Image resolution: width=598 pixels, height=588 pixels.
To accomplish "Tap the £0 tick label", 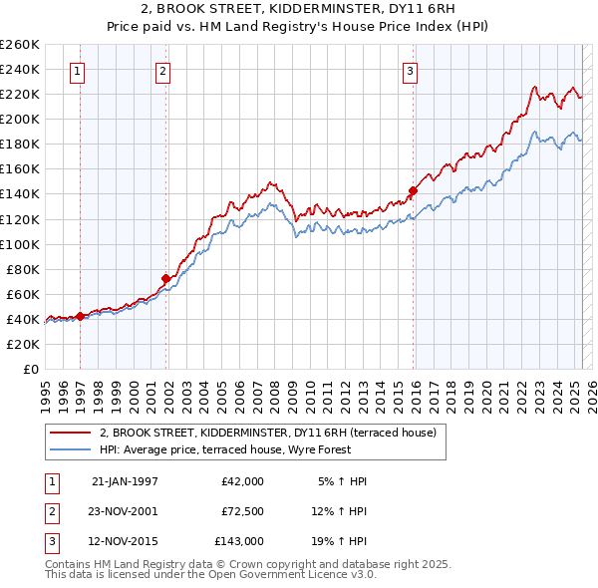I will [x=31, y=369].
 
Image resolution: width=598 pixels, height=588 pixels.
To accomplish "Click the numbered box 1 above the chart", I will [x=78, y=71].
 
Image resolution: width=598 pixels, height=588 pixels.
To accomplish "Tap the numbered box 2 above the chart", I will [x=162, y=71].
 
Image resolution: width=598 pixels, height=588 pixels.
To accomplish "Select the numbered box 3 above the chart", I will [x=410, y=71].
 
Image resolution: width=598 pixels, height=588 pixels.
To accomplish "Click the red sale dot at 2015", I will [x=413, y=189].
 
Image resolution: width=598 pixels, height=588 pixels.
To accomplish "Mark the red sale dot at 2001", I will [x=166, y=278].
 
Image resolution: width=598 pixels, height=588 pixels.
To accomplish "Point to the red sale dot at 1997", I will [x=80, y=316].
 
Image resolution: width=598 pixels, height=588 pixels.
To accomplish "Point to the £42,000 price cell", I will [x=243, y=481].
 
